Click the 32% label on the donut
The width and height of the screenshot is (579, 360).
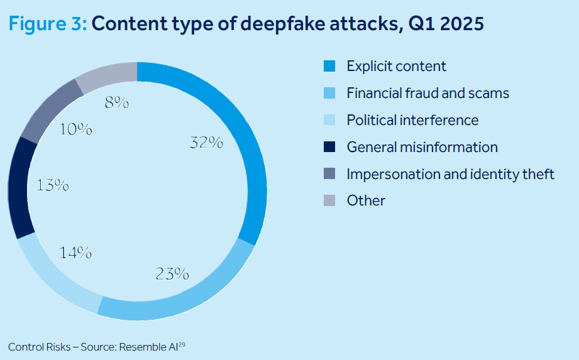(x=206, y=143)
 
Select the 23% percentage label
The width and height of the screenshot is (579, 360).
(x=172, y=273)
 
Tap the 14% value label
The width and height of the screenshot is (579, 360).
(x=76, y=253)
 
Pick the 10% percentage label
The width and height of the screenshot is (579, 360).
(x=75, y=130)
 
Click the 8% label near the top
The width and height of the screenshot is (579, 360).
(x=117, y=102)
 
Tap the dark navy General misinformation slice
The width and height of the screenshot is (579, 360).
(x=18, y=187)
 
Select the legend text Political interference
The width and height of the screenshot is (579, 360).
(x=412, y=120)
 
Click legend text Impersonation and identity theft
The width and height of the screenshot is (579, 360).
(x=450, y=174)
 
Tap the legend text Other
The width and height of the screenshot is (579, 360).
(x=366, y=201)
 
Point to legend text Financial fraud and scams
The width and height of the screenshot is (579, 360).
(x=427, y=93)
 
